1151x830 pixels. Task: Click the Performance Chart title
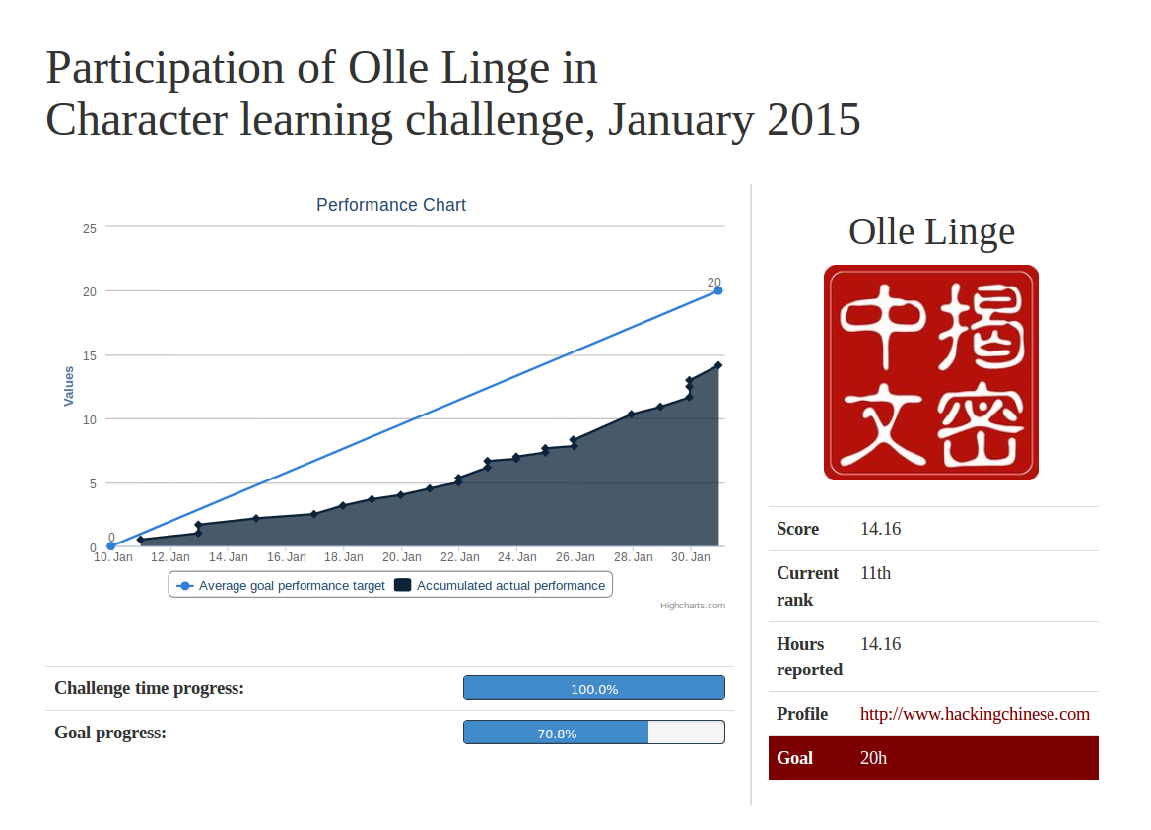[x=390, y=205]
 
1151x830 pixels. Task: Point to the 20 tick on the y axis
[x=90, y=291]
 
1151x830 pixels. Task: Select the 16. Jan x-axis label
[x=287, y=557]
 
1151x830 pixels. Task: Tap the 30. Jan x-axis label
[x=691, y=557]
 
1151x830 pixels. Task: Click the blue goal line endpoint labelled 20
[x=718, y=291]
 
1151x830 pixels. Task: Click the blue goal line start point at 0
[x=110, y=545]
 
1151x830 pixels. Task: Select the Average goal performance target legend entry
[x=281, y=585]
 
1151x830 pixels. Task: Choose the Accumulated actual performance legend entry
[x=500, y=585]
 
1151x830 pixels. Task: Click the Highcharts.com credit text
[x=692, y=606]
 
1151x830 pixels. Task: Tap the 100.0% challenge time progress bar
[x=594, y=688]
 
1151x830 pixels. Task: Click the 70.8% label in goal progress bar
[x=557, y=734]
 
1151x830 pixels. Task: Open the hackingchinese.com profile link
[x=975, y=714]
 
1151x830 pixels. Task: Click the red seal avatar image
[x=931, y=372]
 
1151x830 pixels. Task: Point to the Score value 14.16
[x=880, y=529]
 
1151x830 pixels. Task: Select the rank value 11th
[x=876, y=573]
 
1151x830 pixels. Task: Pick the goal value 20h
[x=873, y=758]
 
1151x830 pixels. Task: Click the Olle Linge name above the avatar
[x=931, y=232]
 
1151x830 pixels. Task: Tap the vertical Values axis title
[x=69, y=386]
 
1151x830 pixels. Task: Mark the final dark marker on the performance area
[x=718, y=365]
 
